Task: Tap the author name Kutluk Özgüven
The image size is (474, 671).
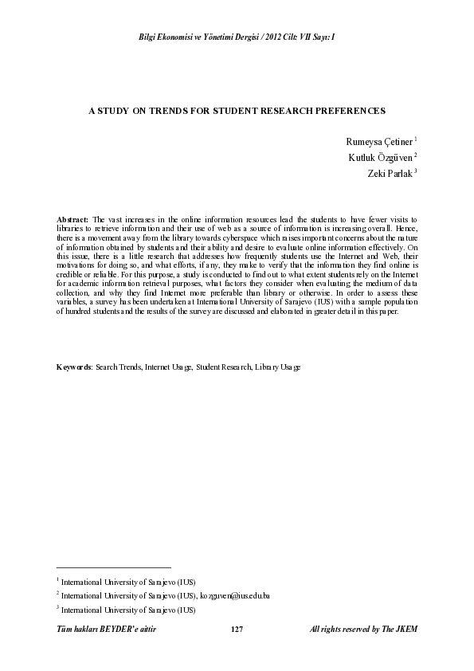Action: point(380,157)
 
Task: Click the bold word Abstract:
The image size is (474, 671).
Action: point(72,218)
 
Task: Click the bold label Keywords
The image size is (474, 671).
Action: point(74,367)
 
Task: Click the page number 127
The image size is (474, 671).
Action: point(236,630)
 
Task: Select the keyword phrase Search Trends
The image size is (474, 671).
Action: point(119,367)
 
